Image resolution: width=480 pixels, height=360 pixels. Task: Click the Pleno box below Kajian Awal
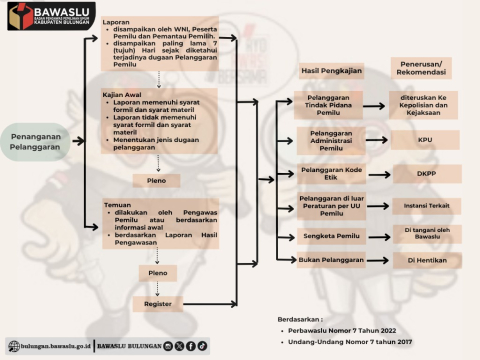point(157,180)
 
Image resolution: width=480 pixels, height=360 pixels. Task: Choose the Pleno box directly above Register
point(157,272)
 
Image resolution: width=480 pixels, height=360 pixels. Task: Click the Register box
point(157,303)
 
